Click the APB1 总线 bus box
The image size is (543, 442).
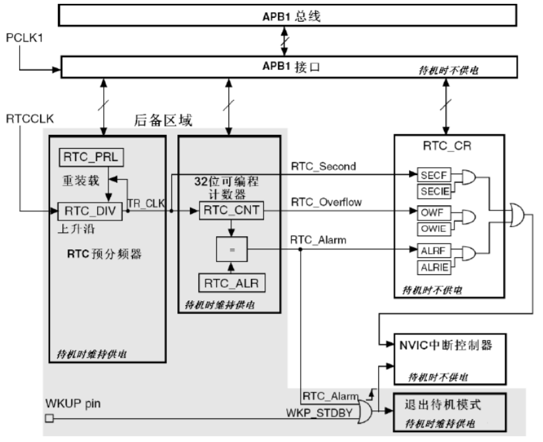pyautogui.click(x=289, y=16)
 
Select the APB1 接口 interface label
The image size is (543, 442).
pyautogui.click(x=290, y=66)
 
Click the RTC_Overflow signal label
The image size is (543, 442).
pyautogui.click(x=326, y=202)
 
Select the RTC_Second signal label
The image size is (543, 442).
pyautogui.click(x=323, y=166)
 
